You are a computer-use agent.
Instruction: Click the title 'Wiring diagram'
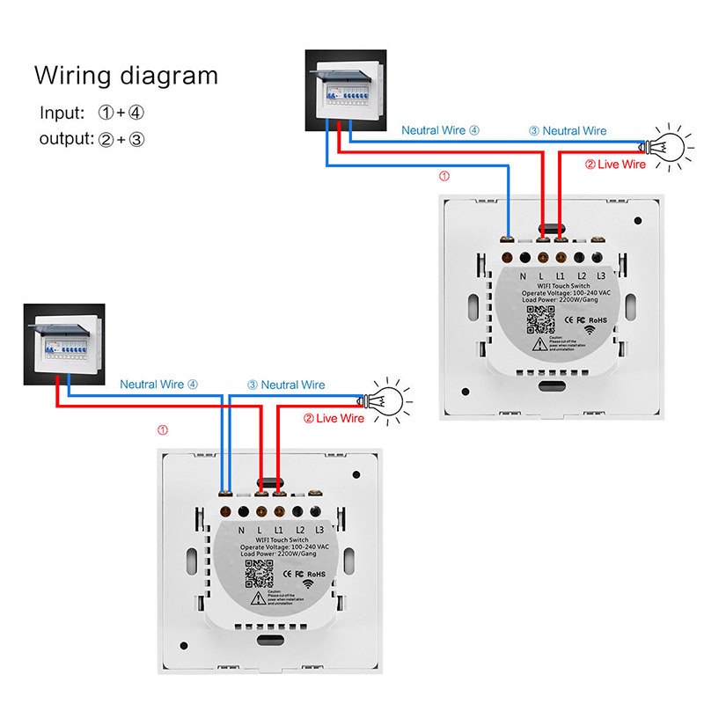[x=126, y=75]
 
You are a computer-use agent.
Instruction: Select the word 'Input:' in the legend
[x=62, y=114]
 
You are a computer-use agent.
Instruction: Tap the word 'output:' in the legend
[x=66, y=139]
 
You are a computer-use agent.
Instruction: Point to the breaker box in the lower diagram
[x=63, y=345]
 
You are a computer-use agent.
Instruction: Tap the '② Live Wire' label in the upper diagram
[x=615, y=165]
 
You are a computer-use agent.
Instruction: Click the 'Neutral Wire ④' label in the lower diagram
[x=159, y=385]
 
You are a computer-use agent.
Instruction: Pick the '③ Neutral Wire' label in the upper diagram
[x=568, y=131]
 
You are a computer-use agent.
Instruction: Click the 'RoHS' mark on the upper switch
[x=599, y=320]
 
